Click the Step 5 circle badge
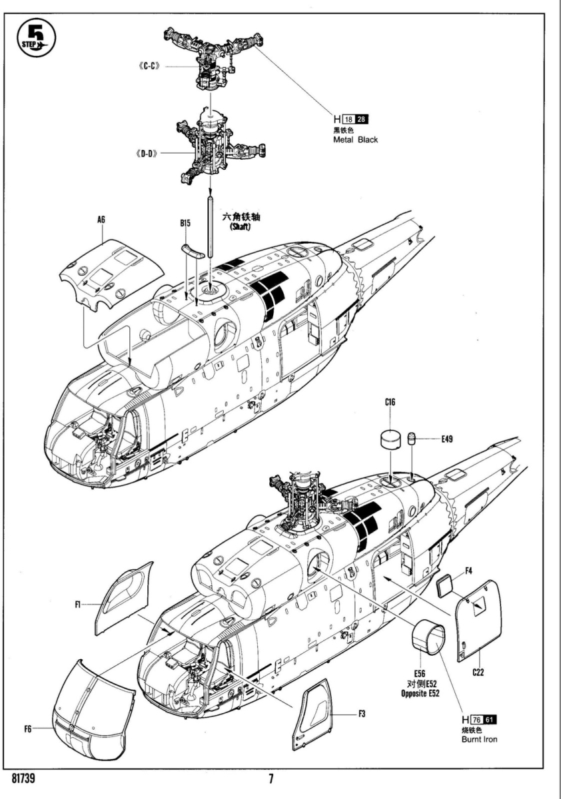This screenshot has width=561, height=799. tap(37, 38)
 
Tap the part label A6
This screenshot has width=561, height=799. tap(102, 219)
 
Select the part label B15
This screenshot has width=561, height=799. tap(185, 223)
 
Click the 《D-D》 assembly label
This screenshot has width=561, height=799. tap(147, 153)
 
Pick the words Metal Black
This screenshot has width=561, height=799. tap(355, 139)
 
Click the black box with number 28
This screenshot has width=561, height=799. tap(361, 119)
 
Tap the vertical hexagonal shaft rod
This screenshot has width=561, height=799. tap(211, 226)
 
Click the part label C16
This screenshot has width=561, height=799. tap(390, 402)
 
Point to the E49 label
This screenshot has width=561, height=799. tap(447, 439)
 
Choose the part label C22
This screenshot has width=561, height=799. tap(478, 672)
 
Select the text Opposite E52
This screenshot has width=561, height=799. tap(420, 693)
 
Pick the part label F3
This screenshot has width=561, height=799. tap(362, 714)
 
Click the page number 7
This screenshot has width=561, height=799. tap(271, 778)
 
